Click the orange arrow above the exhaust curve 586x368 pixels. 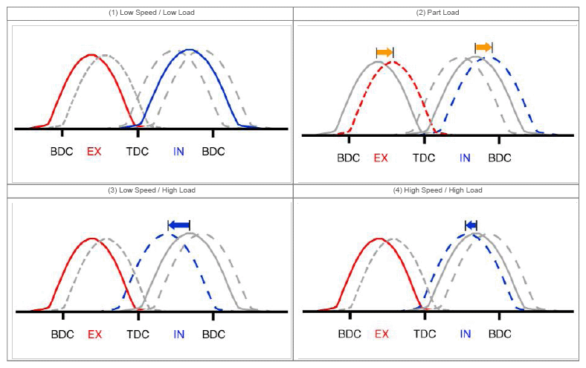tap(384, 52)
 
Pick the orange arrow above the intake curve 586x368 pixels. tap(483, 48)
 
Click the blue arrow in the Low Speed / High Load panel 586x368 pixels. tap(178, 225)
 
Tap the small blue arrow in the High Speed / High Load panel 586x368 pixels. tap(471, 225)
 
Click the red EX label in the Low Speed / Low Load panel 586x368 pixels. tap(94, 152)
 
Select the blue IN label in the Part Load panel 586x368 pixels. tap(465, 158)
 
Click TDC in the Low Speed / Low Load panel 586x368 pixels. tap(138, 152)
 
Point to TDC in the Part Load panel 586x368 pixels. tap(424, 158)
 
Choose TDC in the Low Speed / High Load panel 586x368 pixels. tap(138, 334)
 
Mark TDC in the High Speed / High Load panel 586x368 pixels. tap(425, 334)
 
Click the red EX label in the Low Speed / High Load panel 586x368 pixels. tap(94, 334)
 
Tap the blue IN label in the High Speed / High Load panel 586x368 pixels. tap(465, 334)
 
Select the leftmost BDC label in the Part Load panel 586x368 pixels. tap(348, 158)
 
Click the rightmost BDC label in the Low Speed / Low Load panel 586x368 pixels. tap(213, 152)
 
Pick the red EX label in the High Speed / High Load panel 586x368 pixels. tap(381, 334)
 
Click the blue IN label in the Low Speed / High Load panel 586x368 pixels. tap(178, 334)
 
